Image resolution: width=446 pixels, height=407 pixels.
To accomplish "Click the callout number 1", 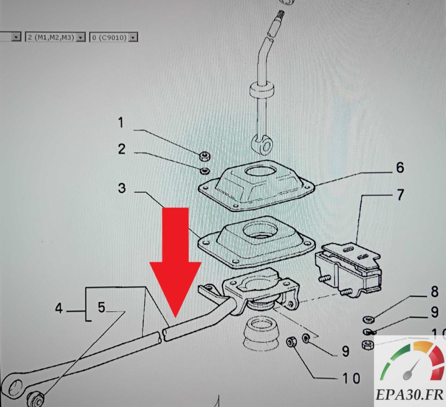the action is click(121, 122).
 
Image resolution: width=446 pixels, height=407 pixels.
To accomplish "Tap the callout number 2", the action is click(122, 149).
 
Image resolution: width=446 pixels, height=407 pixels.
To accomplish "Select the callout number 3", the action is click(122, 188).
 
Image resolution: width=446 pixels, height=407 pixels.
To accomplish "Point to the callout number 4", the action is click(59, 308).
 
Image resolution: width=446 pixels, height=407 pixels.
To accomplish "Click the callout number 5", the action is click(101, 308).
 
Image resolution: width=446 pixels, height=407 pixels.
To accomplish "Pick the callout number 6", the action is click(400, 167).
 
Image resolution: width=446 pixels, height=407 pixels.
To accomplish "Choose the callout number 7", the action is click(400, 195).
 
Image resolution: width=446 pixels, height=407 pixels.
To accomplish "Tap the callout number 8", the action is click(434, 292).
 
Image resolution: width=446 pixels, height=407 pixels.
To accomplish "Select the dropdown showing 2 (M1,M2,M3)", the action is click(55, 37).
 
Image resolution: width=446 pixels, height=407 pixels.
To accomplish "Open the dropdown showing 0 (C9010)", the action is click(114, 37).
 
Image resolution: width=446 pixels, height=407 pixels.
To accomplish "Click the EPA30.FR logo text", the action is click(409, 395).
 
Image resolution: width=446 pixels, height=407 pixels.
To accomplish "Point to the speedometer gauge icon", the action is click(411, 362).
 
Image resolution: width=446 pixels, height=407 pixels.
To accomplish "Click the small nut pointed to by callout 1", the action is click(204, 156).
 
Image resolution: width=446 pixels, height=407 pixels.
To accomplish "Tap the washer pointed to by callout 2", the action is click(204, 171).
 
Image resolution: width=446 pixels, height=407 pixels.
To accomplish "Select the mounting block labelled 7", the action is click(348, 269).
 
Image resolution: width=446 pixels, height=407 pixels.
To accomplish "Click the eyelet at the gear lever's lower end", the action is click(262, 145).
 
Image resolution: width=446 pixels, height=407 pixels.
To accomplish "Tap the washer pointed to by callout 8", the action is click(368, 319).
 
